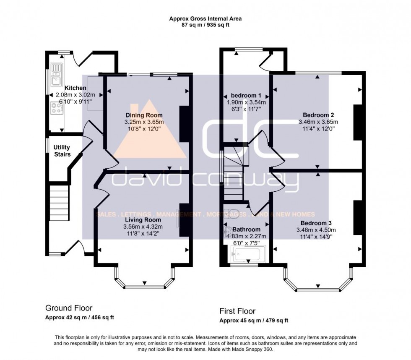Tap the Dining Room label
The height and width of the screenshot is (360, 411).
(x=144, y=115)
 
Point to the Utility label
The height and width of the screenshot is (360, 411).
(x=62, y=148)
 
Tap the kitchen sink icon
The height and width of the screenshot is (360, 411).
(x=56, y=74)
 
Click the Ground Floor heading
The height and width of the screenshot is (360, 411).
(x=69, y=308)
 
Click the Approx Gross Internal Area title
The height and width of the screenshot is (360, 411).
(x=205, y=18)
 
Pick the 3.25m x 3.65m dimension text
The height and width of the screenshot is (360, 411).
(x=144, y=122)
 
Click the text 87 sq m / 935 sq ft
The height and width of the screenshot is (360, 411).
(x=205, y=25)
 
